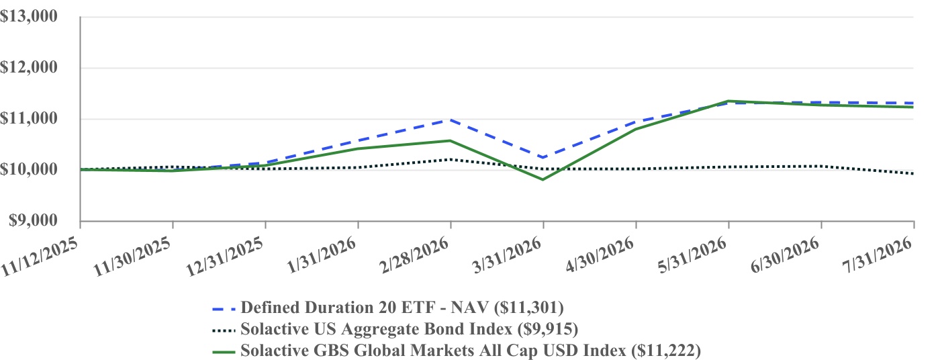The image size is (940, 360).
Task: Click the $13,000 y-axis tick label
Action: (28, 16)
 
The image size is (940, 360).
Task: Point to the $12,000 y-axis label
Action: (28, 67)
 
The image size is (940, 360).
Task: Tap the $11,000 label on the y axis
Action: (28, 118)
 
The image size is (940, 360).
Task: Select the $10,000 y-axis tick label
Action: (28, 169)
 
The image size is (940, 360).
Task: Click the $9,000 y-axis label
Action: (33, 220)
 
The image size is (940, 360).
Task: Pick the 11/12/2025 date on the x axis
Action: (40, 257)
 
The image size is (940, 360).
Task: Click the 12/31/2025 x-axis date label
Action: (225, 257)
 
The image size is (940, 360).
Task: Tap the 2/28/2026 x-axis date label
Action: (414, 256)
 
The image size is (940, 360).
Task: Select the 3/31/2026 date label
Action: (507, 256)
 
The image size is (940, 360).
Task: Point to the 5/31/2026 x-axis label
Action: (692, 256)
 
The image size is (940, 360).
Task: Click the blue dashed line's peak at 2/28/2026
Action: (451, 120)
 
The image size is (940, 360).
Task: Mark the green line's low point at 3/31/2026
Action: (543, 179)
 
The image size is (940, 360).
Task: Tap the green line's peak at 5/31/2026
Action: (729, 101)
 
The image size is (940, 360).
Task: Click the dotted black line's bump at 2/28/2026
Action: (451, 159)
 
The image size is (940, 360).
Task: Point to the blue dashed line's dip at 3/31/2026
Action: (543, 158)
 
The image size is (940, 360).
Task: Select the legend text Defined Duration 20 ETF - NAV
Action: (365, 308)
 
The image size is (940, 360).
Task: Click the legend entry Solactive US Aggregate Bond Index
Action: (377, 329)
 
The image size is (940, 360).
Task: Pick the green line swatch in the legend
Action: (224, 352)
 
